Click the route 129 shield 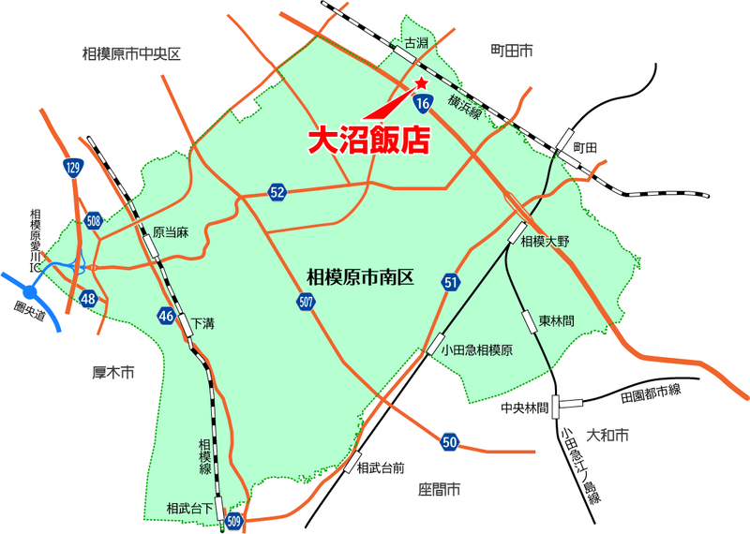[x=73, y=169]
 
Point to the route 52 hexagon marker [x=277, y=192]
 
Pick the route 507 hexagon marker [x=306, y=302]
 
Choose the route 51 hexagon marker [x=451, y=283]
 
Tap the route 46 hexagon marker [x=166, y=315]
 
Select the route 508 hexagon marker [x=93, y=222]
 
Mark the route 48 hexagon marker [x=88, y=299]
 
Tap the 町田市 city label [x=511, y=48]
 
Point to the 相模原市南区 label [x=360, y=277]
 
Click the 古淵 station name [x=415, y=43]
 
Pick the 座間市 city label [x=440, y=489]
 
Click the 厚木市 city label [x=114, y=372]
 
